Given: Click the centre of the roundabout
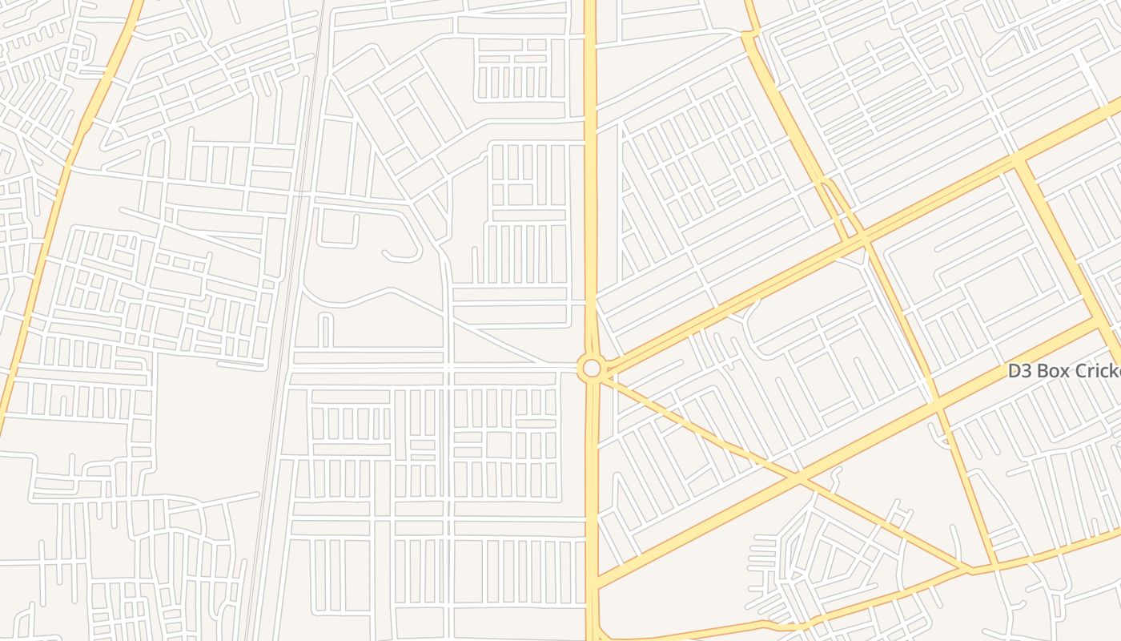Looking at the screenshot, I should tap(592, 368).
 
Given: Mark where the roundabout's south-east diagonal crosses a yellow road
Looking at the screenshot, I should tap(798, 479).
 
